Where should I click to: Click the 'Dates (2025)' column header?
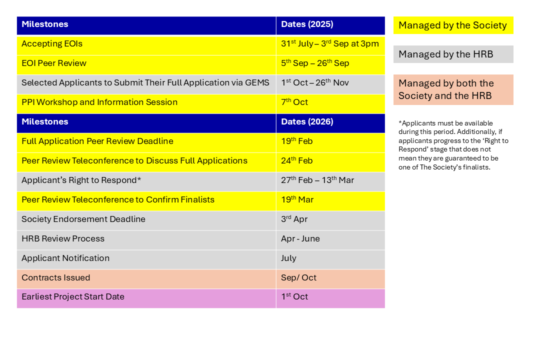307,24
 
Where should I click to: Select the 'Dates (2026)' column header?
307,122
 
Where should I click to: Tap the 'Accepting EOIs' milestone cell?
52,44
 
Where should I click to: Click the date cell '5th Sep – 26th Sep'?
315,63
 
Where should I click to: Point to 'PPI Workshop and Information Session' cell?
99,102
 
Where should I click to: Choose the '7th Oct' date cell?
294,102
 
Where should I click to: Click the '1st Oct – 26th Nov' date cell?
315,83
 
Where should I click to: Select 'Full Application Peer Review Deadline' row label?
97,141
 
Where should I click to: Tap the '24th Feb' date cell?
296,161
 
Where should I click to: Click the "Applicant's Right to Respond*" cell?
81,180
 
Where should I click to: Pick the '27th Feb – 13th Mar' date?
317,180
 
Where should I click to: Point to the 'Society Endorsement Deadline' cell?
83,219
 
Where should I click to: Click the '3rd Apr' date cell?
294,219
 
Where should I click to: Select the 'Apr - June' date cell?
300,239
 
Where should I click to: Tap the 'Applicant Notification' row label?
65,258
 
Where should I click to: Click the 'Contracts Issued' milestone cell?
56,278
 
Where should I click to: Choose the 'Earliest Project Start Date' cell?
73,297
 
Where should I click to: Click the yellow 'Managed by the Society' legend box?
453,25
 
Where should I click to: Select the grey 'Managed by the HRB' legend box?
453,54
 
